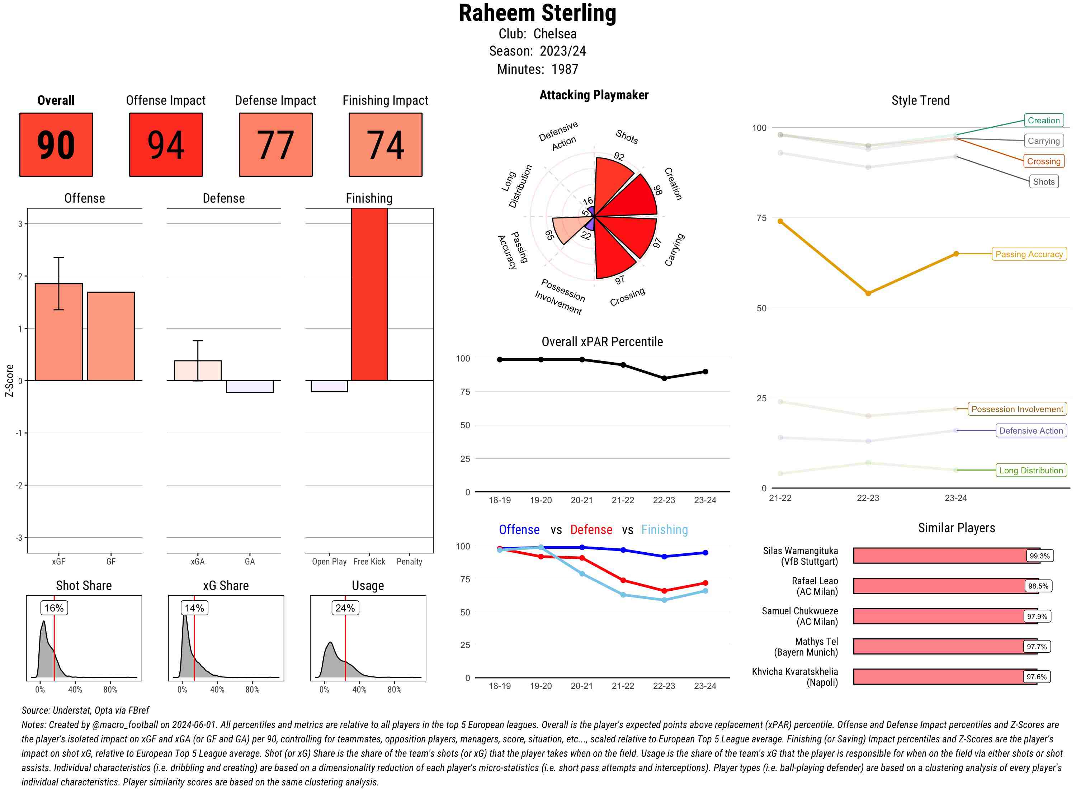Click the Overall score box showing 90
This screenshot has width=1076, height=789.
[56, 145]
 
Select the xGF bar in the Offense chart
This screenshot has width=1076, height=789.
[59, 332]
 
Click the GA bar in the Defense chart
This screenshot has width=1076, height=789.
[250, 386]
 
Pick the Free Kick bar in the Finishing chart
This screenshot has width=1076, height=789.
[369, 294]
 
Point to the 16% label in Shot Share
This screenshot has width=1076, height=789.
[54, 608]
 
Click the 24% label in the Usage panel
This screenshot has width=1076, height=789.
[345, 608]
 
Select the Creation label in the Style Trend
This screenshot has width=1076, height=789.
[1043, 121]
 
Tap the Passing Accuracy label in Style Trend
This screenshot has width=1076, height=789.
[1029, 254]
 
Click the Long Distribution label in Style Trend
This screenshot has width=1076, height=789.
[1031, 471]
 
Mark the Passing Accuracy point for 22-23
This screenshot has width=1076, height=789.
[868, 293]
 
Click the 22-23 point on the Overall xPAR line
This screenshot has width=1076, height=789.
[664, 378]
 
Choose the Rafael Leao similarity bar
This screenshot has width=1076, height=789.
[945, 586]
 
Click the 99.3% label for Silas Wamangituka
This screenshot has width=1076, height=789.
[1039, 556]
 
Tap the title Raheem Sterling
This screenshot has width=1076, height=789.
[537, 13]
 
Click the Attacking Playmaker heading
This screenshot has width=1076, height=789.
[594, 95]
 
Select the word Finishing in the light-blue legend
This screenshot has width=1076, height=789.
[664, 530]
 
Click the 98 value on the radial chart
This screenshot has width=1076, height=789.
[658, 190]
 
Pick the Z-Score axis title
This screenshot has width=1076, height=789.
[9, 381]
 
